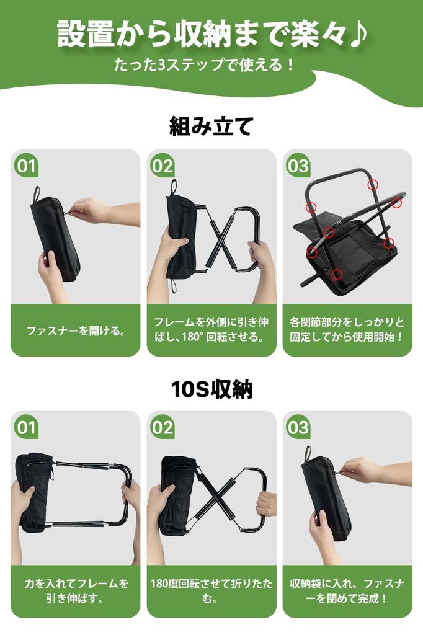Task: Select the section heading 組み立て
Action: click(x=211, y=127)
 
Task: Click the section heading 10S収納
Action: click(x=211, y=389)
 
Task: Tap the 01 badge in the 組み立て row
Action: click(x=26, y=166)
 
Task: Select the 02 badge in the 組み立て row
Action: click(x=162, y=166)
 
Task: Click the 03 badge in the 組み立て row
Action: click(x=298, y=166)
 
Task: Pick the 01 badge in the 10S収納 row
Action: click(x=26, y=427)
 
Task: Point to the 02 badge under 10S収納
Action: click(x=162, y=427)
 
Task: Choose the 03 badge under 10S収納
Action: click(x=298, y=427)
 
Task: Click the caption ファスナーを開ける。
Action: click(x=75, y=331)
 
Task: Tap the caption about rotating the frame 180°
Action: click(x=211, y=330)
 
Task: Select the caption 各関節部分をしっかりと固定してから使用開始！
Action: click(x=347, y=330)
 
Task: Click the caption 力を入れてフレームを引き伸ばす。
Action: click(x=75, y=592)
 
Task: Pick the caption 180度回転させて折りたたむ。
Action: click(x=211, y=592)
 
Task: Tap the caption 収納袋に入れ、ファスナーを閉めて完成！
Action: click(x=347, y=592)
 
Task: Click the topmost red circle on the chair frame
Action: click(x=372, y=184)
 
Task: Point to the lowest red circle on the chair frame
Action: click(x=336, y=273)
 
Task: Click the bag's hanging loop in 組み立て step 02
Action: click(x=173, y=187)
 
